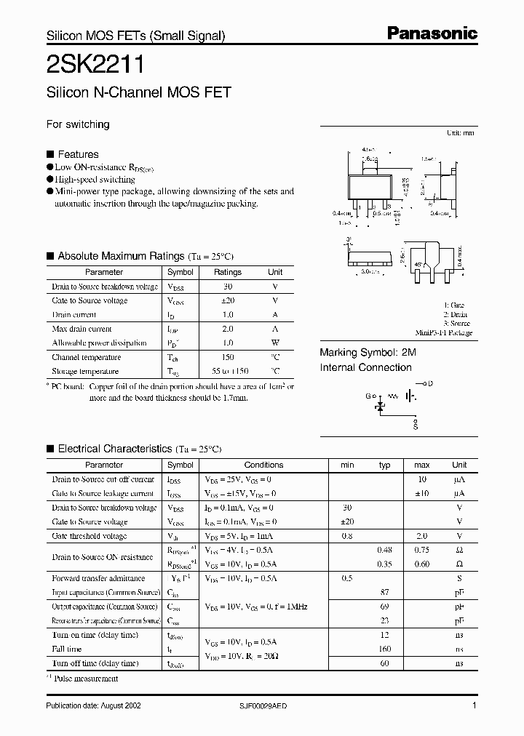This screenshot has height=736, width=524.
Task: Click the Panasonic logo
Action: [x=432, y=33]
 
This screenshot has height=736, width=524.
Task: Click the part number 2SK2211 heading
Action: [x=95, y=65]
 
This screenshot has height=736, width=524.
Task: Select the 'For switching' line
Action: [x=78, y=124]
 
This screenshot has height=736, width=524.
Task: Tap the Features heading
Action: [x=78, y=154]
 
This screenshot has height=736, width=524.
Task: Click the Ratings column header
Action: [x=227, y=272]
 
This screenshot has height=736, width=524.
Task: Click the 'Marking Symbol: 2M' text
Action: [x=368, y=352]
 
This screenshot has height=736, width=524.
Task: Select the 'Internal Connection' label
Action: [x=365, y=367]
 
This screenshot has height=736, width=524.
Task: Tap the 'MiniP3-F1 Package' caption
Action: [x=445, y=333]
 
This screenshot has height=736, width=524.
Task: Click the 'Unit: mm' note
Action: [x=460, y=134]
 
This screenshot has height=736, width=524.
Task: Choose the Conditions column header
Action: [x=263, y=465]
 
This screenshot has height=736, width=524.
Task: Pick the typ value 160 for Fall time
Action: [x=385, y=649]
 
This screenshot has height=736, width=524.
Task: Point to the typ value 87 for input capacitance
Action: [x=385, y=592]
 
